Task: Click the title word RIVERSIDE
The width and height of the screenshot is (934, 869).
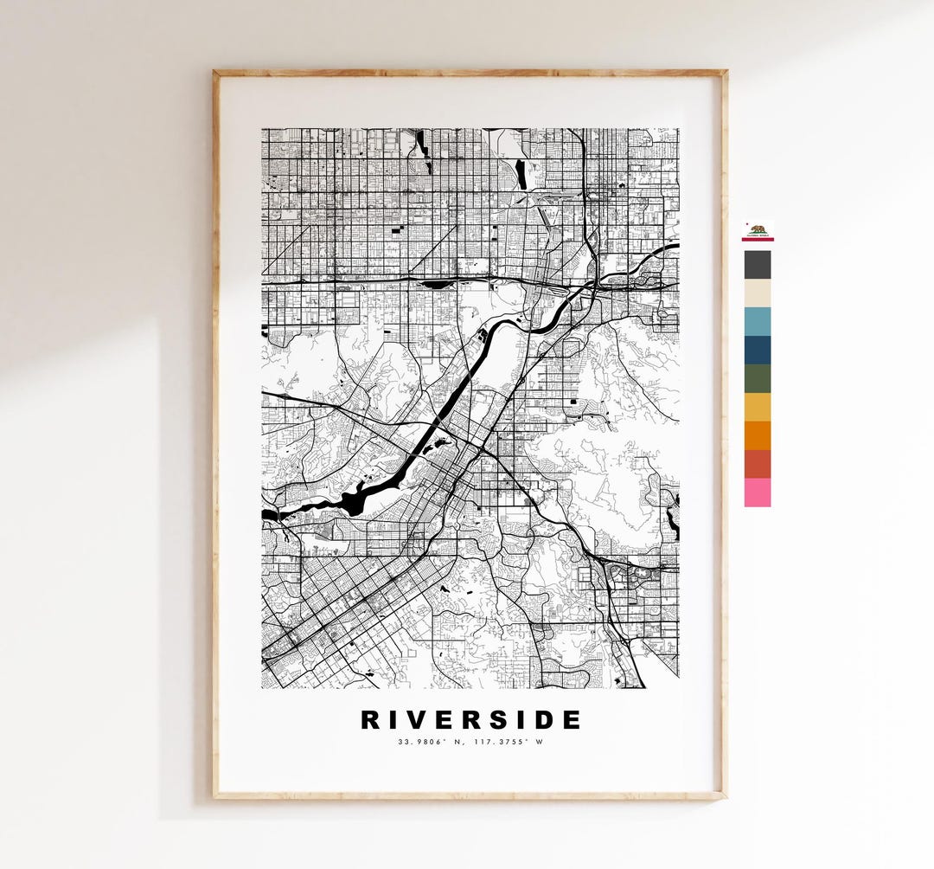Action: [x=470, y=720]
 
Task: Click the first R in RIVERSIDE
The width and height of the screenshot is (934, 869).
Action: [x=369, y=720]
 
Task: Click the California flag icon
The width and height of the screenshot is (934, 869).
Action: [x=758, y=230]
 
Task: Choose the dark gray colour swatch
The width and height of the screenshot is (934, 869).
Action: [x=758, y=264]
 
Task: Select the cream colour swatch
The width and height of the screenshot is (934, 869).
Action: [x=758, y=293]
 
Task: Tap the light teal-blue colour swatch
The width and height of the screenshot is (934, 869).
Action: [x=758, y=321]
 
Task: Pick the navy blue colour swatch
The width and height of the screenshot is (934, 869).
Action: [x=758, y=350]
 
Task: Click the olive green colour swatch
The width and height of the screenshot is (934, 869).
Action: [x=758, y=378]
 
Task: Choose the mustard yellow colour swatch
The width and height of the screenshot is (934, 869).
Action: [x=758, y=407]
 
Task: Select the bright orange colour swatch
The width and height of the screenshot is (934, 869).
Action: [x=758, y=435]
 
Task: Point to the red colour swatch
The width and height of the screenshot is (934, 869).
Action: [x=758, y=464]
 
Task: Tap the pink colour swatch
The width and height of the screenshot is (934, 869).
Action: [x=758, y=492]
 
